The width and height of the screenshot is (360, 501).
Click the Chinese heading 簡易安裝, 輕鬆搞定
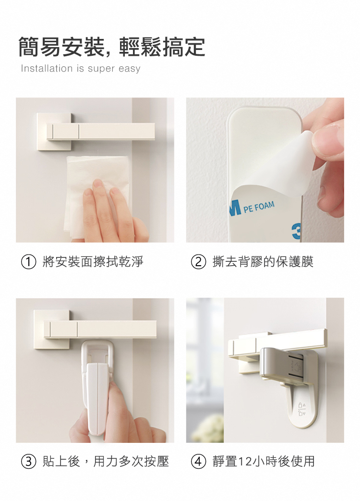pyautogui.click(x=111, y=47)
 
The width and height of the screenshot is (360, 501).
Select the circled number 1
pyautogui.click(x=28, y=262)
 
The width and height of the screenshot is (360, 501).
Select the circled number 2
pyautogui.click(x=198, y=262)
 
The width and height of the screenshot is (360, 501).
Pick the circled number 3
pyautogui.click(x=28, y=462)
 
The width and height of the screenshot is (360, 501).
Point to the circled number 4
pyautogui.click(x=198, y=462)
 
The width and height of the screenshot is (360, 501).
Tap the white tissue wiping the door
pyautogui.click(x=96, y=195)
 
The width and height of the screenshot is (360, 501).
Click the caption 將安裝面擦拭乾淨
pyautogui.click(x=93, y=262)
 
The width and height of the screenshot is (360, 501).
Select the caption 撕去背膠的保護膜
pyautogui.click(x=263, y=262)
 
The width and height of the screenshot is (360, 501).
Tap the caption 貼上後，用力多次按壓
pyautogui.click(x=106, y=462)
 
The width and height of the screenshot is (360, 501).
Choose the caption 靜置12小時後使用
pyautogui.click(x=264, y=462)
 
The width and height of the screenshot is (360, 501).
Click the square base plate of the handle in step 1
pyautogui.click(x=54, y=131)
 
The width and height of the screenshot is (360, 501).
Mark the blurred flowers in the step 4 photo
pyautogui.click(x=207, y=428)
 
